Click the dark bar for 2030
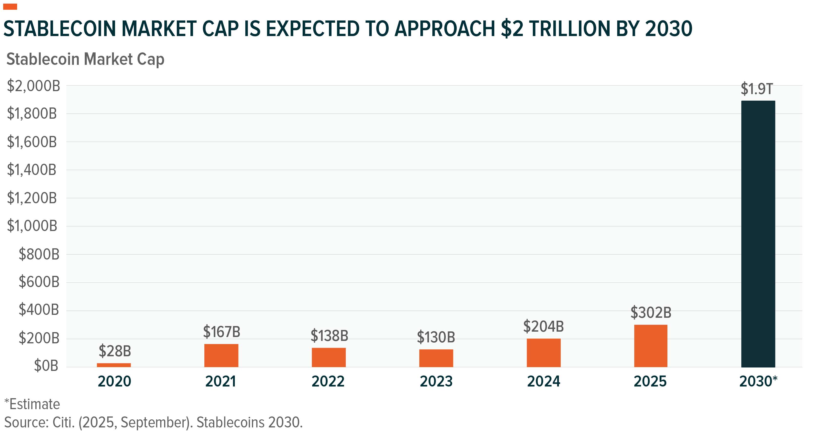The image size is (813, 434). click(758, 234)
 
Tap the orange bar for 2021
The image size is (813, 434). click(221, 356)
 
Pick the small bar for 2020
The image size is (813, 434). click(114, 365)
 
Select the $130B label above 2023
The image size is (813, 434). click(436, 337)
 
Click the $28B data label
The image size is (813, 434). click(115, 351)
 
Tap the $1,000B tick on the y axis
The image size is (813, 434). click(32, 226)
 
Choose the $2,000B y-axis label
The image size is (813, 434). click(33, 86)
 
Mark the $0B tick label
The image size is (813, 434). click(46, 366)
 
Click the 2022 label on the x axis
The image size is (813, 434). click(328, 381)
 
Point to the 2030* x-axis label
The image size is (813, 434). click(758, 381)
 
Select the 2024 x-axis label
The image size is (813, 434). click(544, 381)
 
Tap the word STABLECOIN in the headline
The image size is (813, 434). click(59, 29)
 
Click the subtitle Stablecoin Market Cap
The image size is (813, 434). click(85, 59)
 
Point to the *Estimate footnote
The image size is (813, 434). click(32, 404)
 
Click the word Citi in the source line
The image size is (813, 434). click(63, 422)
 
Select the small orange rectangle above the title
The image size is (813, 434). click(10, 7)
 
